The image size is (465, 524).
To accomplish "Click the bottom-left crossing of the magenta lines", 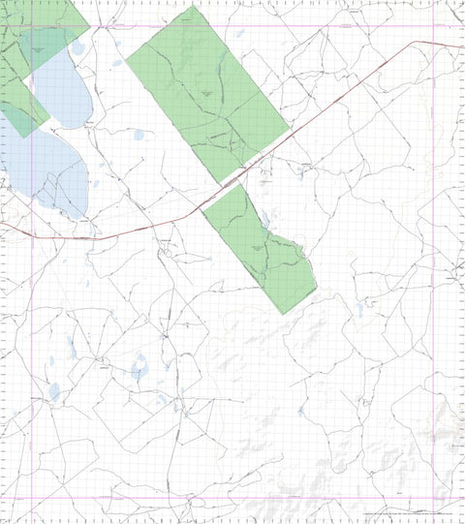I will point(32,499).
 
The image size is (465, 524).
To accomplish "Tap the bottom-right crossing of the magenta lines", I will point(451,499).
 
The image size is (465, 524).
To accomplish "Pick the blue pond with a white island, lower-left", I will point(139,368).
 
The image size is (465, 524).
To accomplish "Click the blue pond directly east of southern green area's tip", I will point(359,310).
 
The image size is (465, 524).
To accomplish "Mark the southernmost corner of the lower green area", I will point(282,314).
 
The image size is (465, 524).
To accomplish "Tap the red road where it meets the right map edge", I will point(463,46).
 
